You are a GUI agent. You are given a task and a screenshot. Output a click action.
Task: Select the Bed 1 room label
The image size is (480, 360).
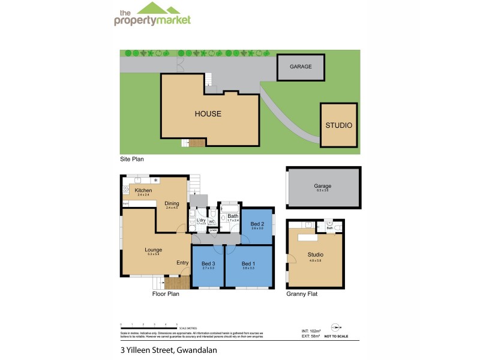coord(248,263)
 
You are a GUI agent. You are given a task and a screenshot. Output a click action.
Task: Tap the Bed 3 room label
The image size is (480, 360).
coord(208,263)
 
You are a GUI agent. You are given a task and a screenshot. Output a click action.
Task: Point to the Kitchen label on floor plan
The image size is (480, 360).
coord(143,191)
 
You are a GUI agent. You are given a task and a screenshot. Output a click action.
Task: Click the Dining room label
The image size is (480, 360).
coord(172,203)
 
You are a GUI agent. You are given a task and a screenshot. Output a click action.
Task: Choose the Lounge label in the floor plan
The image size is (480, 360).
coord(154,250)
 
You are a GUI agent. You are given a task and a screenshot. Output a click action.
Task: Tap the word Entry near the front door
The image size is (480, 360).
coord(182,262)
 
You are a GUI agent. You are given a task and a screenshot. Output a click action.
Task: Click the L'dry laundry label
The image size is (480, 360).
coord(201,220)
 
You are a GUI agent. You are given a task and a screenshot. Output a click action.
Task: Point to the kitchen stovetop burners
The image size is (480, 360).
coord(127,190)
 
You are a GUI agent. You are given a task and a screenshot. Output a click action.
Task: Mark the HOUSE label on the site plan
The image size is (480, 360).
coord(208,113)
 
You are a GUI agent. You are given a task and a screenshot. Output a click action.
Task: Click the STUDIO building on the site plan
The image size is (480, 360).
coord(338,125)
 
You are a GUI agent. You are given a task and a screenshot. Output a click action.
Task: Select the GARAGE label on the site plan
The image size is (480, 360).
coord(301,67)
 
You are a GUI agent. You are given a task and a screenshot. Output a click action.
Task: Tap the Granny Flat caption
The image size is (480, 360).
coord(302,295)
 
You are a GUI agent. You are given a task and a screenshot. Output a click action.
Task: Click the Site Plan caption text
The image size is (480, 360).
coord(131,160)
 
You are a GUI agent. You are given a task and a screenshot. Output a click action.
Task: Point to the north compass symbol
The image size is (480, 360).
coord(337,328)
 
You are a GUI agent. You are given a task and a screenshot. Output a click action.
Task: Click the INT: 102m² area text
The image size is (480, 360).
coord(311,331)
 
